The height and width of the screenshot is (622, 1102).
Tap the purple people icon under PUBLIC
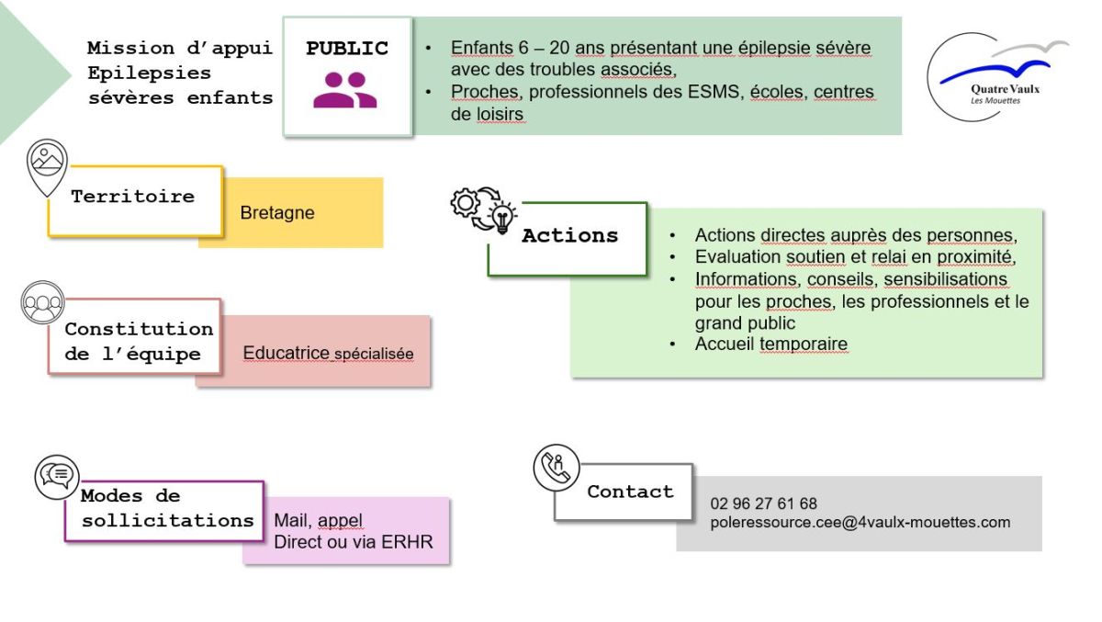[345, 90]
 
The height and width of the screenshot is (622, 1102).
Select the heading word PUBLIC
[347, 49]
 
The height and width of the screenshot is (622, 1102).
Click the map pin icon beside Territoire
[47, 166]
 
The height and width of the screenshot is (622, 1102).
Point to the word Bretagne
[277, 213]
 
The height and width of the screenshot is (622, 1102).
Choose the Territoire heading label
[133, 197]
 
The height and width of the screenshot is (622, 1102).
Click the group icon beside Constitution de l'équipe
[42, 303]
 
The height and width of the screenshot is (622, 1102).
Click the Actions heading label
[569, 236]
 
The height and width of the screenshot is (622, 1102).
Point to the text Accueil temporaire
[770, 345]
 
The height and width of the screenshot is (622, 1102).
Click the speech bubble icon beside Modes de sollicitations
[57, 474]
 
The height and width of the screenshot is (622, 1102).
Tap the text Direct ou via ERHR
[353, 542]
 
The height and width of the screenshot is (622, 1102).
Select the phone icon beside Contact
[557, 468]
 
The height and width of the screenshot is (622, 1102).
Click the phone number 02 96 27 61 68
[763, 503]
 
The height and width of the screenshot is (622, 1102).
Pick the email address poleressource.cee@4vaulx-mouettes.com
[860, 522]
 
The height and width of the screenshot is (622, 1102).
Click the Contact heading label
[630, 492]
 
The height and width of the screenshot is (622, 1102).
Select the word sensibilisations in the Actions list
[945, 279]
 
